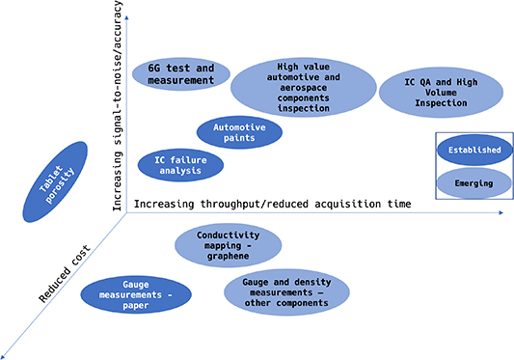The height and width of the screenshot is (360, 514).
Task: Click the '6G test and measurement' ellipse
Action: [x=180, y=74]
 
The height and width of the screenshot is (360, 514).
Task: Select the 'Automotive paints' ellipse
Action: [x=239, y=131]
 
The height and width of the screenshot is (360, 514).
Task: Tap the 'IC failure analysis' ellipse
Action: [x=180, y=165]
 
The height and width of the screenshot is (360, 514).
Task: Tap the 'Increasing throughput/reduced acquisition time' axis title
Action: [x=273, y=204]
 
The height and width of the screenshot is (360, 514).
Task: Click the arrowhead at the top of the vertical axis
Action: [x=129, y=6]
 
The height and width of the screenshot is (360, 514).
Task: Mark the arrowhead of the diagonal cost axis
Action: [x=6, y=351]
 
